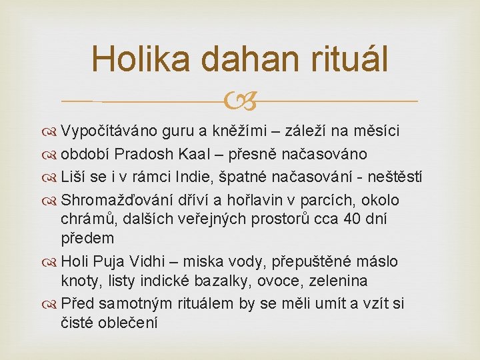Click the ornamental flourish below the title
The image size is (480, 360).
click(240, 101)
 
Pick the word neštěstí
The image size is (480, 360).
click(395, 177)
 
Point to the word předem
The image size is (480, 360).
click(87, 239)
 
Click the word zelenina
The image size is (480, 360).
click(338, 281)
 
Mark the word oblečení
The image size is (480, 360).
click(128, 323)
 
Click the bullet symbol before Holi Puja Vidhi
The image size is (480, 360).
click(49, 263)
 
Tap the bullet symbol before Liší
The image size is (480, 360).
click(49, 178)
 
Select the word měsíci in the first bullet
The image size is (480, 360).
click(377, 131)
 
